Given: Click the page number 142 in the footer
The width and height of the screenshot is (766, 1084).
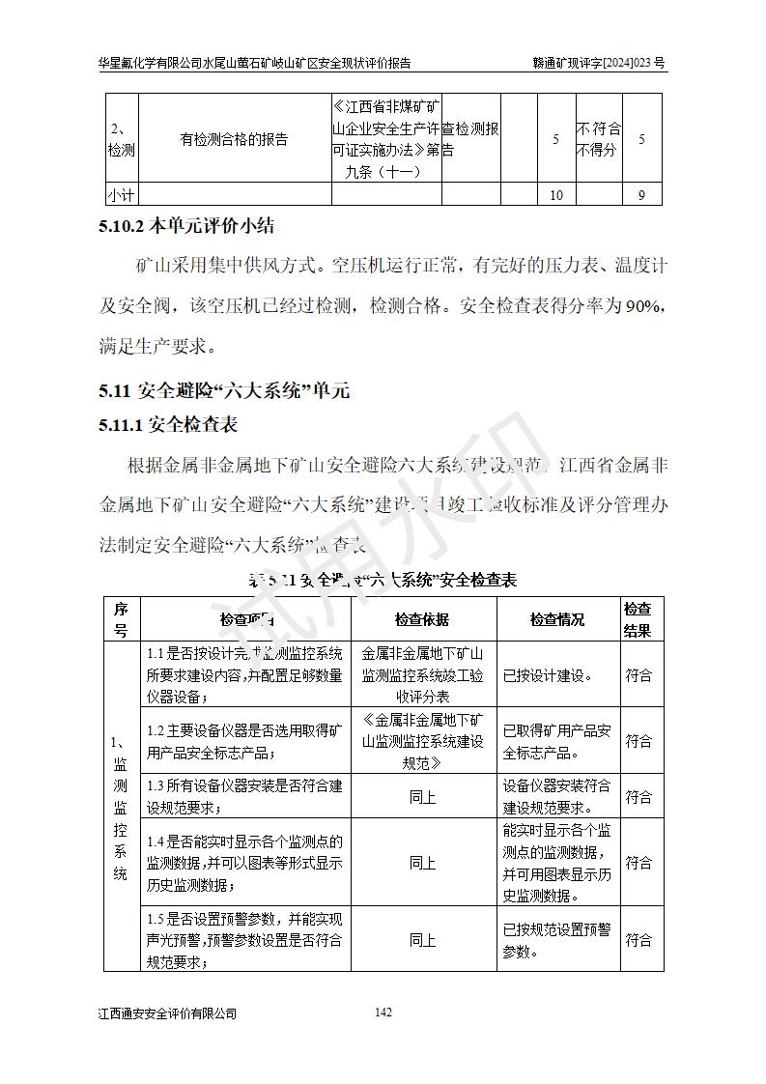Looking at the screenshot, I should pyautogui.click(x=383, y=1013).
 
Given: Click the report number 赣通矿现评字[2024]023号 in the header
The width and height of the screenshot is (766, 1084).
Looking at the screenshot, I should pyautogui.click(x=599, y=63).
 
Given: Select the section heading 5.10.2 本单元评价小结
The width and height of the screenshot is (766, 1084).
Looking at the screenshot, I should pyautogui.click(x=186, y=227).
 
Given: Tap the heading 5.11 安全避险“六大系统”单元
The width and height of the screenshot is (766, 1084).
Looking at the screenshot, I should pyautogui.click(x=224, y=391).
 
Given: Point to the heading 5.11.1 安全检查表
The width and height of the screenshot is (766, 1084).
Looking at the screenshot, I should pyautogui.click(x=168, y=425).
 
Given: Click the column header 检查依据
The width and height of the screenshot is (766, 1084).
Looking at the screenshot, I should pyautogui.click(x=422, y=619).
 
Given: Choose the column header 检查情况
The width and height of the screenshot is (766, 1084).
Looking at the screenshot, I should pyautogui.click(x=557, y=619).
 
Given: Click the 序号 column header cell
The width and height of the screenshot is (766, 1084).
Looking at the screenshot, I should pyautogui.click(x=121, y=619).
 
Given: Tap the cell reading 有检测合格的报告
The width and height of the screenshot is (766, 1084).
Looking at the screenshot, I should pyautogui.click(x=234, y=140).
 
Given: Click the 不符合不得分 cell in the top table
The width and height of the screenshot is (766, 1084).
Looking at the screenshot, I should pyautogui.click(x=599, y=140).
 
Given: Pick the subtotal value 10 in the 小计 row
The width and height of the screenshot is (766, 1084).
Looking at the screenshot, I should pyautogui.click(x=555, y=196).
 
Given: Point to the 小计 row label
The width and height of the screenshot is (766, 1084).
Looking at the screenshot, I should pyautogui.click(x=121, y=196).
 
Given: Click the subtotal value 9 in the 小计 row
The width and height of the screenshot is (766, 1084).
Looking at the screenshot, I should pyautogui.click(x=641, y=196).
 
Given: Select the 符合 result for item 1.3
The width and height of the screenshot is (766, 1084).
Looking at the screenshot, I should pyautogui.click(x=638, y=797).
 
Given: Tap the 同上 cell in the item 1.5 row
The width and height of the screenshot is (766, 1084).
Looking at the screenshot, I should pyautogui.click(x=422, y=940).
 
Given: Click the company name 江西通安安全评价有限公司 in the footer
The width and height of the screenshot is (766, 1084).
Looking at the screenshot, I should pyautogui.click(x=167, y=1013).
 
